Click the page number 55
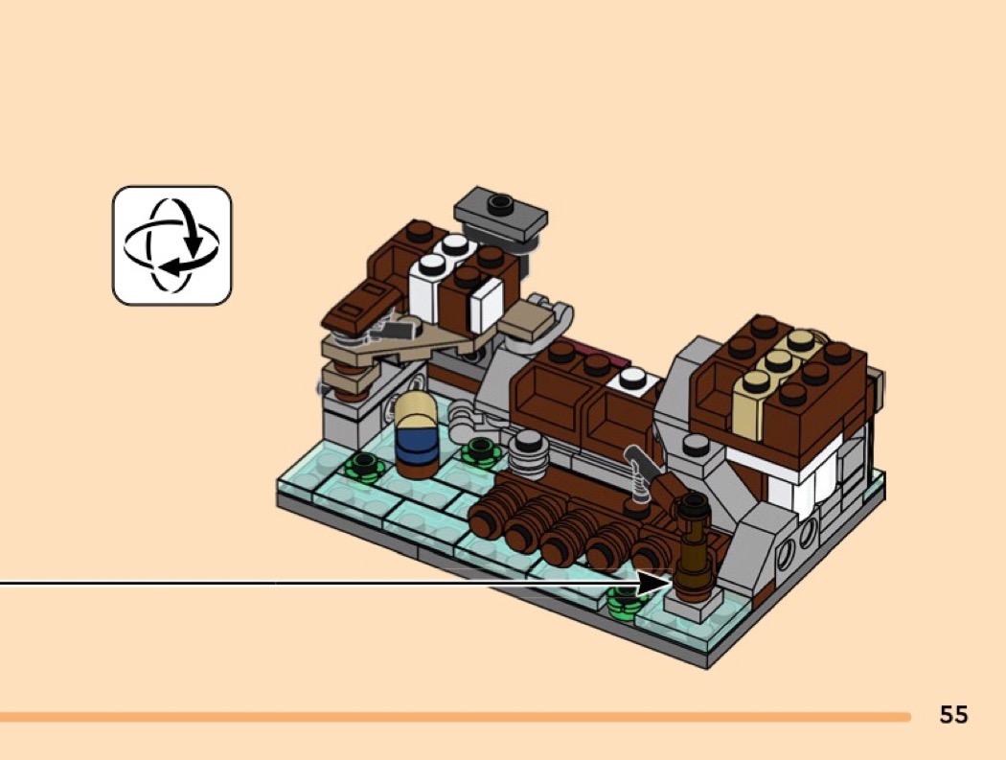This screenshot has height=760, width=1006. click(953, 714)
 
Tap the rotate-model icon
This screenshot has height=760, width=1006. click(171, 246)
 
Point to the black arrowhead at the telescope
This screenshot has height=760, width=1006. click(655, 584)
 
